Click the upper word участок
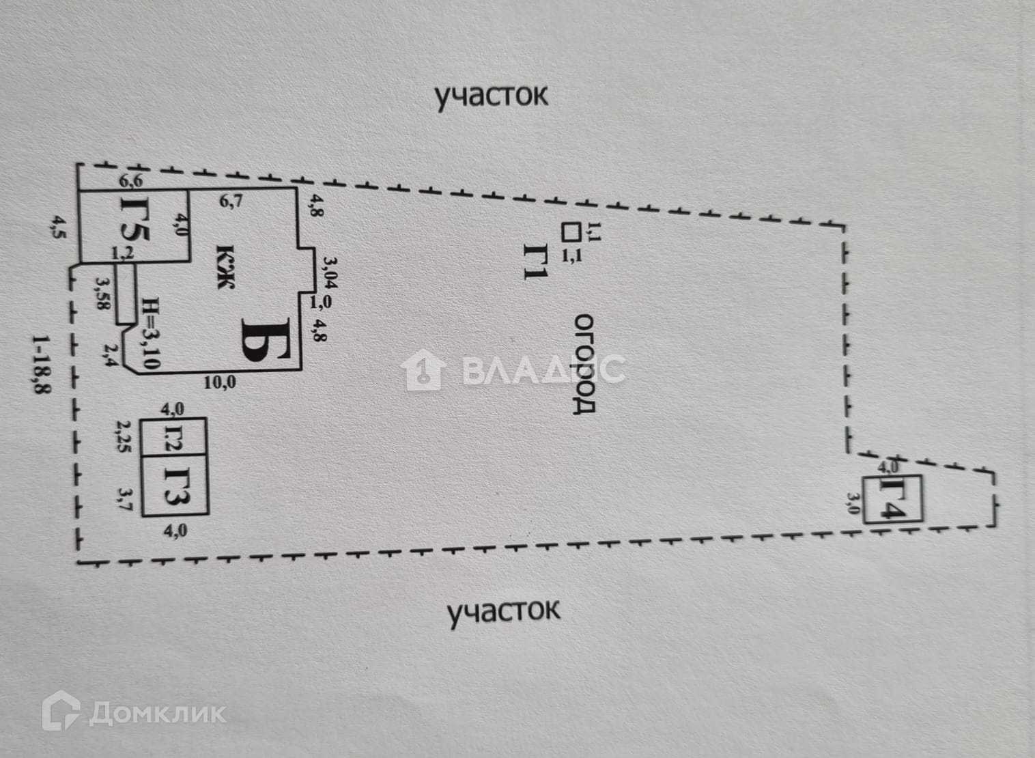[x=492, y=96]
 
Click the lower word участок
[x=503, y=610]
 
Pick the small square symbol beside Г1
[x=569, y=232]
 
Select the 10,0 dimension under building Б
[x=220, y=382]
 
